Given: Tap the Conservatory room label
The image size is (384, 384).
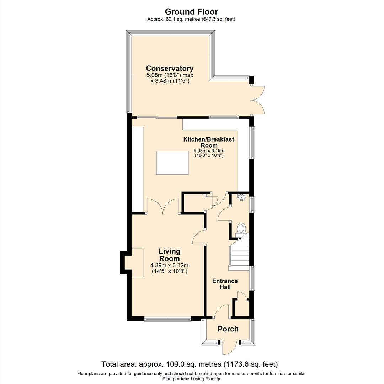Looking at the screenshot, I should pos(170,68).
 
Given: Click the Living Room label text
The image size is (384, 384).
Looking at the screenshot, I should pos(169,255).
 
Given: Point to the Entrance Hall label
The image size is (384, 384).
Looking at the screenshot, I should pos(225,284).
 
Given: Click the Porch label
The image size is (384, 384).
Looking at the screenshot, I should pos(228,329).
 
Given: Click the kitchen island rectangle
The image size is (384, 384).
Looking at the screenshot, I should pos(172,162).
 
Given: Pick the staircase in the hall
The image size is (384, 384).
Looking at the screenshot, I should pos(239,252).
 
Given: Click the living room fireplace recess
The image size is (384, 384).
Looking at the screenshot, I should pos(133,262).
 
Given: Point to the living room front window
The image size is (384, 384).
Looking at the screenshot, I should pos(167,319).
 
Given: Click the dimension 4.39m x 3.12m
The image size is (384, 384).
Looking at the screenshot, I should pos(169,265).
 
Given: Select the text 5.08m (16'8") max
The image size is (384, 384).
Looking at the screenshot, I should pos(170,75).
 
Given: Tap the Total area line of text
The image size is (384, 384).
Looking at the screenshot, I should pos(190,364).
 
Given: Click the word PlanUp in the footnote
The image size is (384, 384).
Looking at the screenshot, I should pos(213,379).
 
